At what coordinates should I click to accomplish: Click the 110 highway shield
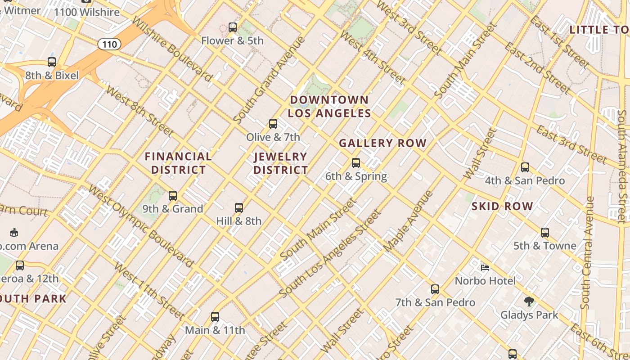tap(109, 44)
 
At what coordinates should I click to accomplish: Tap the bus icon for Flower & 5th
tap(232, 27)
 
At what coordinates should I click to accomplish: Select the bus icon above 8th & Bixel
tap(52, 63)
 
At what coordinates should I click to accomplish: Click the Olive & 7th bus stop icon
tap(273, 124)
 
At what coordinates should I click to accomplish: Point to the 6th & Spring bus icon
tap(356, 163)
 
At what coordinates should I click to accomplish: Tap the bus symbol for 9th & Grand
tap(173, 196)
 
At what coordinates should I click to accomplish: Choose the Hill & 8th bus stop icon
tap(239, 208)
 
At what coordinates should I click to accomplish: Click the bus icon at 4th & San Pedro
tap(525, 167)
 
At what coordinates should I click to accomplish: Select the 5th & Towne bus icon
tap(545, 233)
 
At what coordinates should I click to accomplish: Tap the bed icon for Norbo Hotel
tap(485, 268)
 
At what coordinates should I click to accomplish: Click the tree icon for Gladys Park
tap(529, 301)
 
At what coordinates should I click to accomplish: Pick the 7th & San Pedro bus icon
tap(435, 289)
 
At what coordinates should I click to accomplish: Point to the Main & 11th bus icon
tap(215, 317)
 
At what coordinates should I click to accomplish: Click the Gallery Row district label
tap(382, 144)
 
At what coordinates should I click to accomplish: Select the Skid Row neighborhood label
tap(502, 207)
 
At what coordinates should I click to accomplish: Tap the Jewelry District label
tap(281, 163)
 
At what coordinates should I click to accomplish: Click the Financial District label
tap(178, 163)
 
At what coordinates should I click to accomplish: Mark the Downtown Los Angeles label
tap(329, 107)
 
